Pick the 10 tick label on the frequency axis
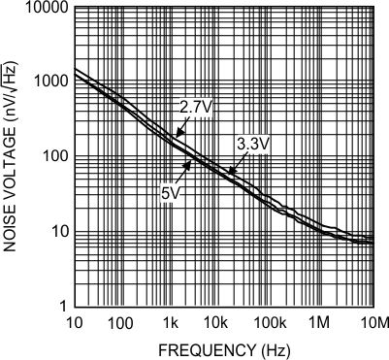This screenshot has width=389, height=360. [x=72, y=321]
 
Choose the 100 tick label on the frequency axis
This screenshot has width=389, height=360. [x=121, y=321]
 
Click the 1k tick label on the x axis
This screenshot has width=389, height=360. [x=172, y=321]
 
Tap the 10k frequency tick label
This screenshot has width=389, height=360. [x=222, y=321]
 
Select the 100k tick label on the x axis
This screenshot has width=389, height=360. [x=273, y=321]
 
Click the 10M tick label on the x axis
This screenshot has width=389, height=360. [x=372, y=321]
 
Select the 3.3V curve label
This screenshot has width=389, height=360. [x=252, y=145]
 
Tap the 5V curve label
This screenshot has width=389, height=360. [x=172, y=192]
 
